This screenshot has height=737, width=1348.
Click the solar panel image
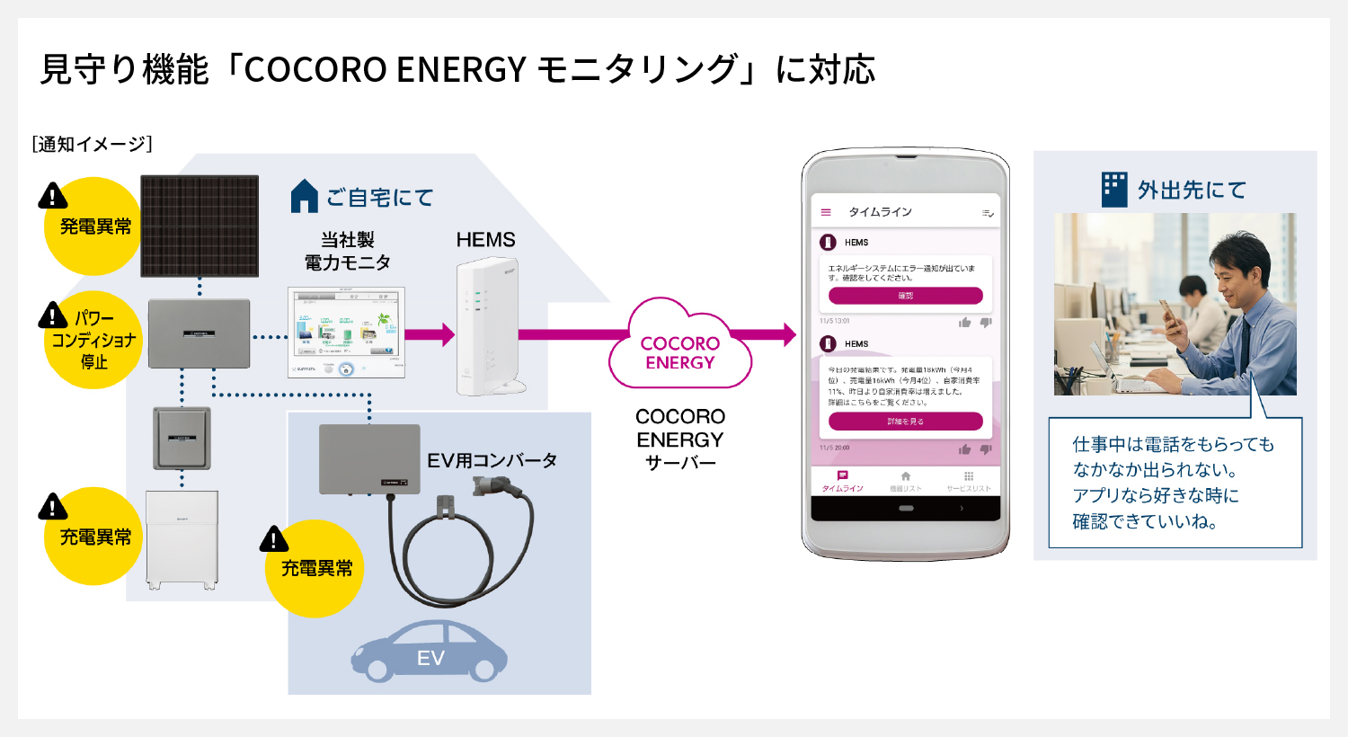200,226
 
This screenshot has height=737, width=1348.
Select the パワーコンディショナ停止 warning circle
93,341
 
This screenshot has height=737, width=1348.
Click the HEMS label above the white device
485,240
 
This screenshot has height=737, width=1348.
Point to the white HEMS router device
488,327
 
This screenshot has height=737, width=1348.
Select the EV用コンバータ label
492,461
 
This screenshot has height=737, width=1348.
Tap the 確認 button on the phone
905,296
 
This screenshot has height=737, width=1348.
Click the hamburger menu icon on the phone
826,212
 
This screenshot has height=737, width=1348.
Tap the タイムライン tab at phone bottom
842,481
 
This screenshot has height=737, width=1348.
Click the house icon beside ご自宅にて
305,196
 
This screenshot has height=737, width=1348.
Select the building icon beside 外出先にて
1114,190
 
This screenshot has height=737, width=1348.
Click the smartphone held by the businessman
1167,310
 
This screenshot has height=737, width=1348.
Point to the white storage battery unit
182,539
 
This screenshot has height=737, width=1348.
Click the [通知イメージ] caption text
92,144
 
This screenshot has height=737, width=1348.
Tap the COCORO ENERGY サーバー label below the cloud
680,440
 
